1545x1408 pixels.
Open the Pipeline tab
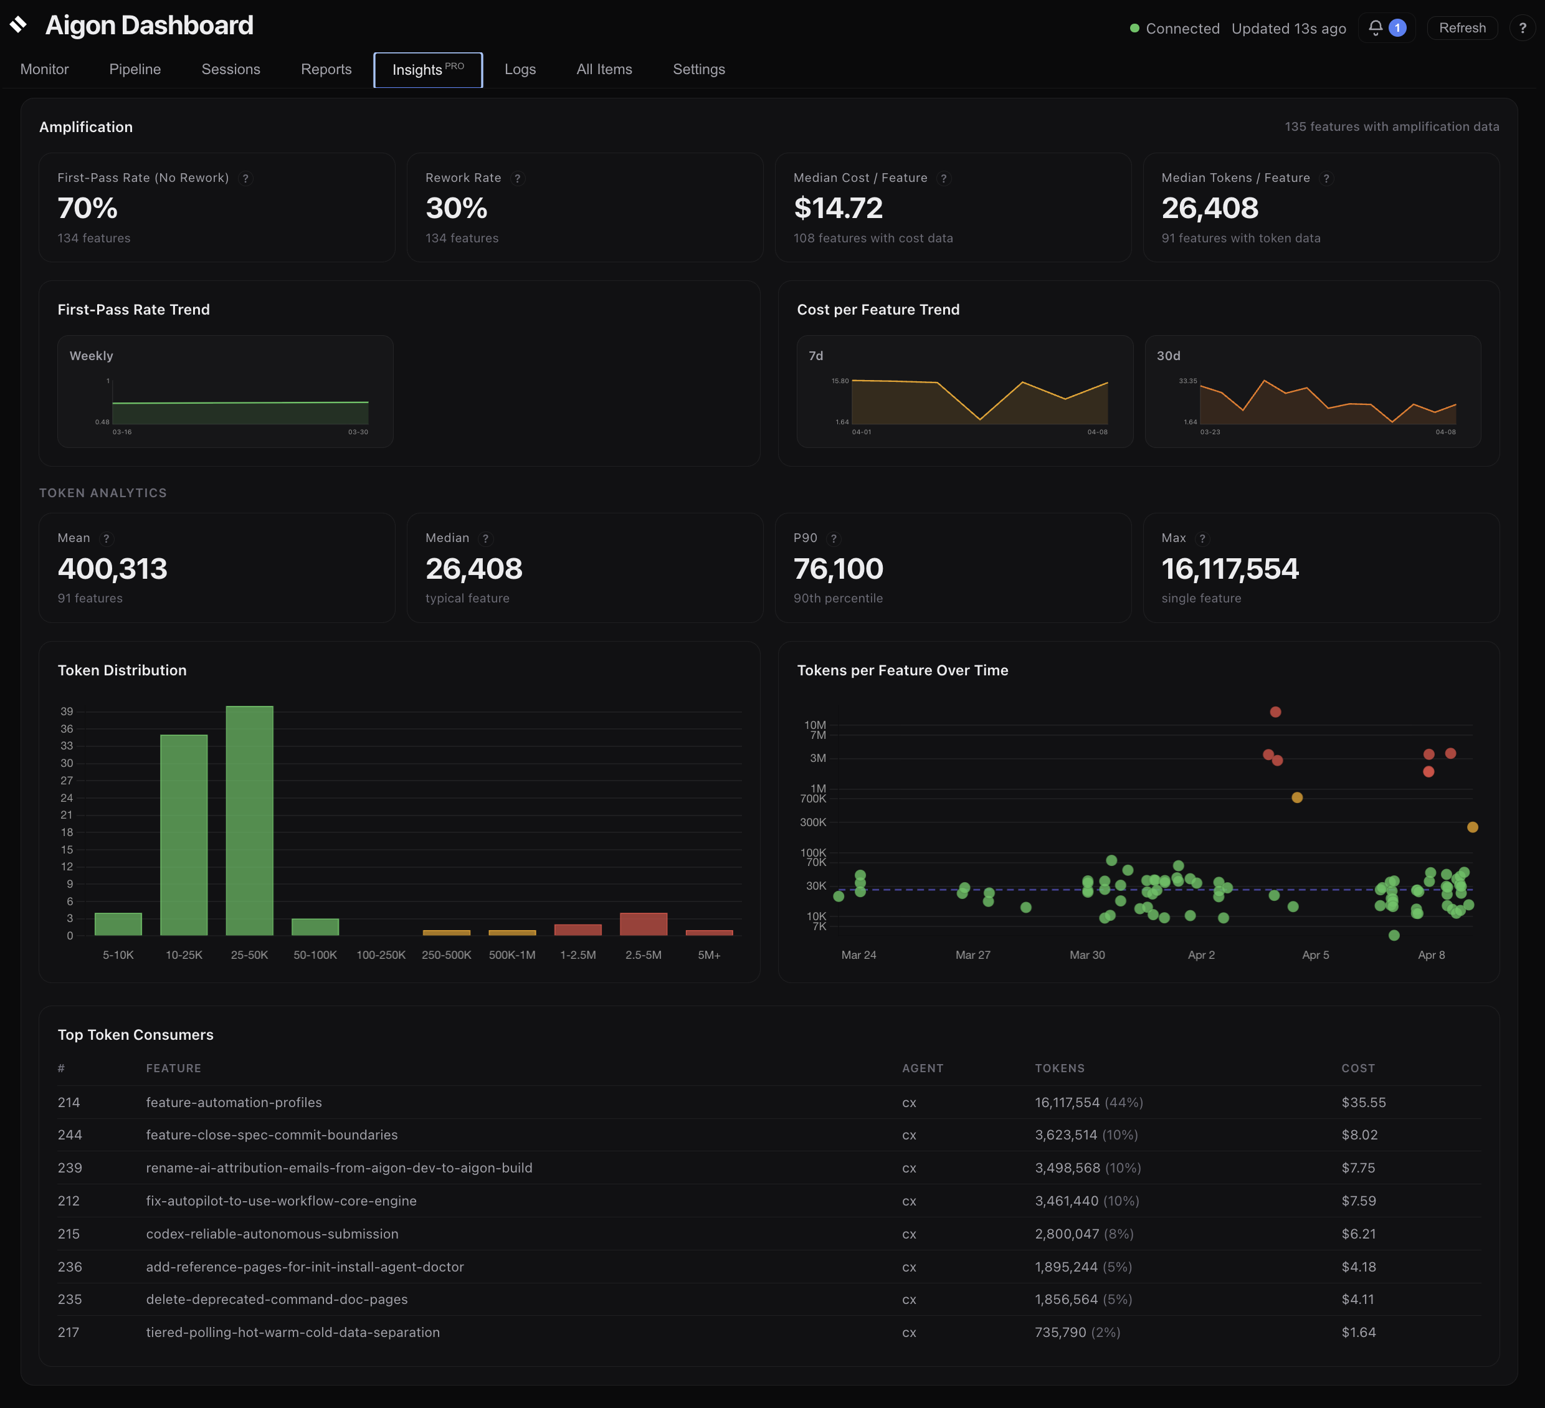point(135,69)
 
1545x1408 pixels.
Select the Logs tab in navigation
point(520,69)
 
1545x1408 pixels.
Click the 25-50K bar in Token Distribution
point(249,820)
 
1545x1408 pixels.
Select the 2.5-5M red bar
point(643,923)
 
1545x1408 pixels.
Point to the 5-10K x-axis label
point(118,955)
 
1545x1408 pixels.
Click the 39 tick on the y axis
point(67,711)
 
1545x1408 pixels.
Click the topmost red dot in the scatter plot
point(1275,712)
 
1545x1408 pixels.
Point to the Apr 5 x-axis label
point(1315,955)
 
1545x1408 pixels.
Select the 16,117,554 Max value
point(1229,569)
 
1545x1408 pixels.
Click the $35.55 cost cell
point(1363,1102)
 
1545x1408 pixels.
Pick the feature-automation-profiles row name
point(234,1102)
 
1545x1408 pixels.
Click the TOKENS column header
point(1059,1068)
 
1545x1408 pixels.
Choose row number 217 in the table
point(68,1332)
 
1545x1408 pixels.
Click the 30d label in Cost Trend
point(1168,356)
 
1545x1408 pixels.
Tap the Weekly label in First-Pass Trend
point(91,356)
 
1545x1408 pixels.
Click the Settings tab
point(698,69)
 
